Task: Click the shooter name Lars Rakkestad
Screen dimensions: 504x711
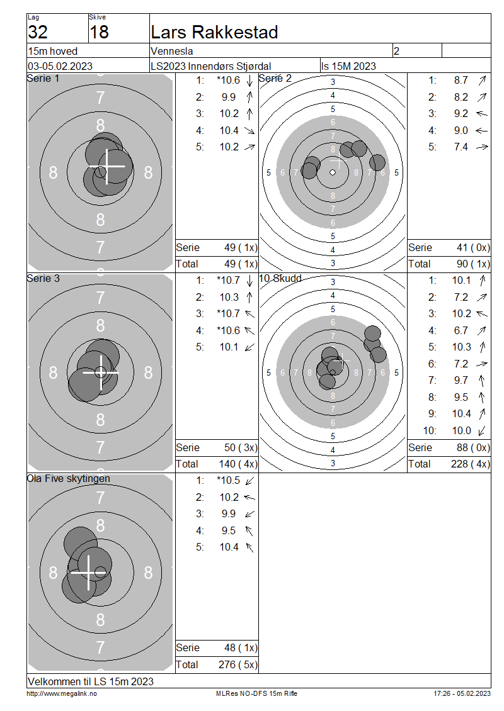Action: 214,32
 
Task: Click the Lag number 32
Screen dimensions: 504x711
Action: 38,32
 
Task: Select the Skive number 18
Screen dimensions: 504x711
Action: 99,32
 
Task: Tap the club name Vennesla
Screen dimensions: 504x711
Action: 171,51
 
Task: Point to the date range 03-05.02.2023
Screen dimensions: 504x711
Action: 60,66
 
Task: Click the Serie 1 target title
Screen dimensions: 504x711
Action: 43,79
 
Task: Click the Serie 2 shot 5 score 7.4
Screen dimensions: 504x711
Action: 461,147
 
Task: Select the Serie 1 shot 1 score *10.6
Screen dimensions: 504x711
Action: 229,81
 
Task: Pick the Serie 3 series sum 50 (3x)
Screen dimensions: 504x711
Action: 241,448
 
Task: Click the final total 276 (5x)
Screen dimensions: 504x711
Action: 238,664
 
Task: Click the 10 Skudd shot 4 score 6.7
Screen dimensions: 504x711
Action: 461,330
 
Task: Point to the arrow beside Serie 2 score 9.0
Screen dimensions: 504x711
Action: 482,131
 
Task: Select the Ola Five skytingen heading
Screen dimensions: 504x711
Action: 69,479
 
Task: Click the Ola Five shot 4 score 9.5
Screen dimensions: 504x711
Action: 229,530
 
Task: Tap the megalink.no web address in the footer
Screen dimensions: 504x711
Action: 62,694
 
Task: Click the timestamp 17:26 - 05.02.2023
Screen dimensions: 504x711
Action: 462,694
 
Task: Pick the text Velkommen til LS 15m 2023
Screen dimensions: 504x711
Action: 91,681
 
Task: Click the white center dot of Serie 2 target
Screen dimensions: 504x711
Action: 333,172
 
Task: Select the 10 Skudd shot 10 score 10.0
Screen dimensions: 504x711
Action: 461,431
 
